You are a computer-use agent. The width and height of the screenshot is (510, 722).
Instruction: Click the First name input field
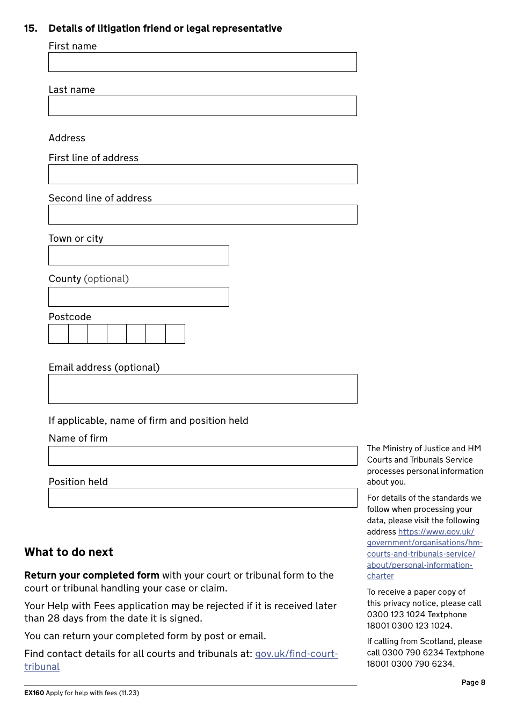pos(202,62)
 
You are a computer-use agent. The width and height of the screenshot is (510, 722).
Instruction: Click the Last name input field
pos(202,106)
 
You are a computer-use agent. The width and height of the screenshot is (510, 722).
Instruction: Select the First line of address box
pos(202,175)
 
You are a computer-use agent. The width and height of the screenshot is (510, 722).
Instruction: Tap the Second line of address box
pos(202,215)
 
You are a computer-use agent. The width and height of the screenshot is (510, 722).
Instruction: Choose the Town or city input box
pos(139,256)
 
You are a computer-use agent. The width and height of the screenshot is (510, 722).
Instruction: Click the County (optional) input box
pos(139,297)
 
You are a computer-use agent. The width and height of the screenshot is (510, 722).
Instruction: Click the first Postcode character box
pos(59,334)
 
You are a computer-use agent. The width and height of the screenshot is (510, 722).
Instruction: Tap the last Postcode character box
pos(175,334)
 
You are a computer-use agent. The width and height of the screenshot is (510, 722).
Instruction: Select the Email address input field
pos(202,389)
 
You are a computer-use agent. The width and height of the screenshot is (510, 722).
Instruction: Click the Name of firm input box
pos(202,456)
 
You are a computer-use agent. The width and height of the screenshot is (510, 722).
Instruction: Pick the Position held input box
pos(202,498)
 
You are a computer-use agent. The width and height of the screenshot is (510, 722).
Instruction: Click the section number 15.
pos(31,28)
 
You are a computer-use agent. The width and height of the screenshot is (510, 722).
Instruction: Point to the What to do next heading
pos(69,552)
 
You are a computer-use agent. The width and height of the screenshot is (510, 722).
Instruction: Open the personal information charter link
pos(424,554)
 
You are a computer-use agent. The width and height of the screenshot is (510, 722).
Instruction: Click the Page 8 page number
pos(473,682)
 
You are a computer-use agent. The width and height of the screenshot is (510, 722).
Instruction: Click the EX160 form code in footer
pos(34,693)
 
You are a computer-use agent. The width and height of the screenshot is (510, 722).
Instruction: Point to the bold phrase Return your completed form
pos(92,575)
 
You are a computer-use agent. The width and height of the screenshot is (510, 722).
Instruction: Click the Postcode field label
pos(70,317)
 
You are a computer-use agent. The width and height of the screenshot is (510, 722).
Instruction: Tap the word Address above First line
pos(67,138)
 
